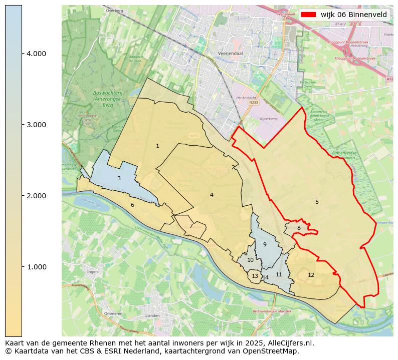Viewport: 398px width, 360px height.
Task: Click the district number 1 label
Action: click(157, 146)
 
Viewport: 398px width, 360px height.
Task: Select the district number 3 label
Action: click(119, 179)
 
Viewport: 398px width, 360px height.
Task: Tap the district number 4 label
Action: click(212, 195)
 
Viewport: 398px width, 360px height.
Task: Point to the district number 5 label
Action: click(317, 202)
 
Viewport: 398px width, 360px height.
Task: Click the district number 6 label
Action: click(132, 205)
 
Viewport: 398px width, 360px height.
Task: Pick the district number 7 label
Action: click(191, 226)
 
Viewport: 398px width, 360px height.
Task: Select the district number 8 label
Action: click(299, 228)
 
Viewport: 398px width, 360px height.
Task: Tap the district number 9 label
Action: click(265, 245)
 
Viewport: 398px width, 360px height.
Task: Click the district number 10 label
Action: click(250, 260)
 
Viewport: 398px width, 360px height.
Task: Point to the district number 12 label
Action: click(311, 275)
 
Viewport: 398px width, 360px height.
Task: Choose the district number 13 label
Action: click(255, 276)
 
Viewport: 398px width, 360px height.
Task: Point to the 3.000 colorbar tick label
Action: click(37, 125)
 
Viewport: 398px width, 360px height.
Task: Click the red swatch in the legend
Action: click(308, 15)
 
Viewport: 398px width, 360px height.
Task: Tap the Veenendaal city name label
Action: click(230, 53)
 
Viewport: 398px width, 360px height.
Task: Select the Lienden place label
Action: click(152, 316)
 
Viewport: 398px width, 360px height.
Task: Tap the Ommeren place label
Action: click(113, 313)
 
